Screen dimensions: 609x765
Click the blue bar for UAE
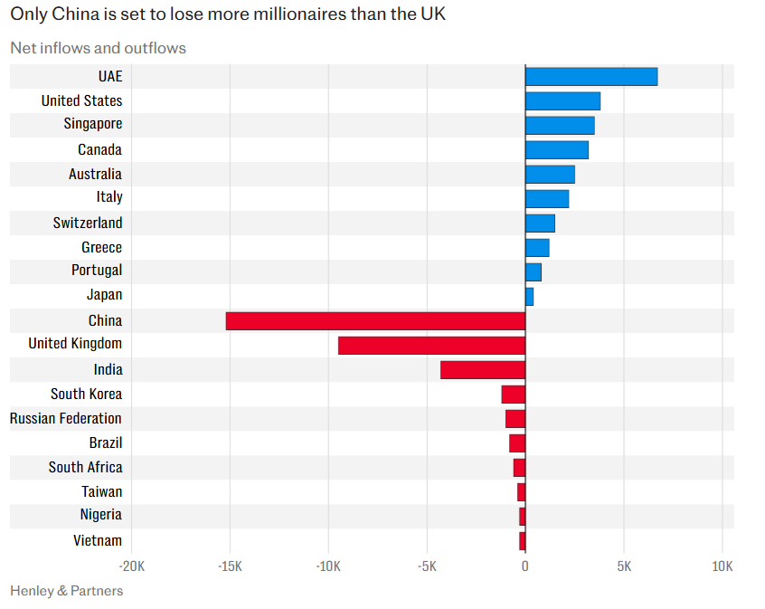coord(591,76)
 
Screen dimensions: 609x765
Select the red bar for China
coord(375,320)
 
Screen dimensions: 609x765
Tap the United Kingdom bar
coord(431,345)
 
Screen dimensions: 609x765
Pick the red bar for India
coord(483,369)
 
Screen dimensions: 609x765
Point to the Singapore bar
coord(560,125)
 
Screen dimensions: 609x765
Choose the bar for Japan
coord(529,296)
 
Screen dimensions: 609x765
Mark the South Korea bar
coord(514,394)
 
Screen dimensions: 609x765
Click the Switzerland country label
coord(88,223)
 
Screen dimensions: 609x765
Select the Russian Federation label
coord(66,418)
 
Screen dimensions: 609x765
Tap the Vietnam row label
coord(98,540)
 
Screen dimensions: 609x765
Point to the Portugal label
coord(97,270)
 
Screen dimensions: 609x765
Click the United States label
coord(81,100)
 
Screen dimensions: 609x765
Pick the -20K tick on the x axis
coord(131,566)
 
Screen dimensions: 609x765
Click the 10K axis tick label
coord(722,566)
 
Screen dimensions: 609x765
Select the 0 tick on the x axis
coord(525,566)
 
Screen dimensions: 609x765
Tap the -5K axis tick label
coord(427,566)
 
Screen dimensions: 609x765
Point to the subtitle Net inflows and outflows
coord(98,47)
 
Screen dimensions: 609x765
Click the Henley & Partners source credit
coord(66,591)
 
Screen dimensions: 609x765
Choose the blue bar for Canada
coord(557,149)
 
